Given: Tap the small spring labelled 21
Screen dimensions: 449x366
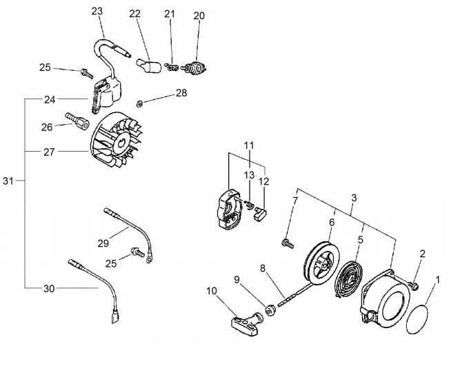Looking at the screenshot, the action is click(x=172, y=68).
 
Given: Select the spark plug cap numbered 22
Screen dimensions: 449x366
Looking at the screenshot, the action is click(x=148, y=65).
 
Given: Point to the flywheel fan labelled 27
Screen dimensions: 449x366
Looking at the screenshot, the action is click(x=117, y=140).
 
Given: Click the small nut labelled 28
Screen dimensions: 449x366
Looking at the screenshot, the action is click(x=139, y=104).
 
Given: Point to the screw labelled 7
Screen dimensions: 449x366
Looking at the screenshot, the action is click(x=287, y=244).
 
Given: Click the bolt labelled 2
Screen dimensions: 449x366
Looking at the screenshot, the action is click(x=414, y=285).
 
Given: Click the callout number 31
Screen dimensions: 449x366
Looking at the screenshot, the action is click(x=8, y=181).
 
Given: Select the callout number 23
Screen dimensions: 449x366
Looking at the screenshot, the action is click(x=97, y=11).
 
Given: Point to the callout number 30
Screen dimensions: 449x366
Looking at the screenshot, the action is click(x=49, y=289).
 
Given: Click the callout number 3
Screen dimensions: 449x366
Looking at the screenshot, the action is click(x=354, y=198).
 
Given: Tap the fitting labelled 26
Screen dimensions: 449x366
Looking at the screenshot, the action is click(x=77, y=121).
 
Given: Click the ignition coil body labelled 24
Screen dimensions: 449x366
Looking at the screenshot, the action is click(x=106, y=92).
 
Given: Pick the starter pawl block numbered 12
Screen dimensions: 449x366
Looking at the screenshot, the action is click(x=260, y=213).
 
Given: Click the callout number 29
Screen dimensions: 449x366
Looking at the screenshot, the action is click(x=103, y=243).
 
